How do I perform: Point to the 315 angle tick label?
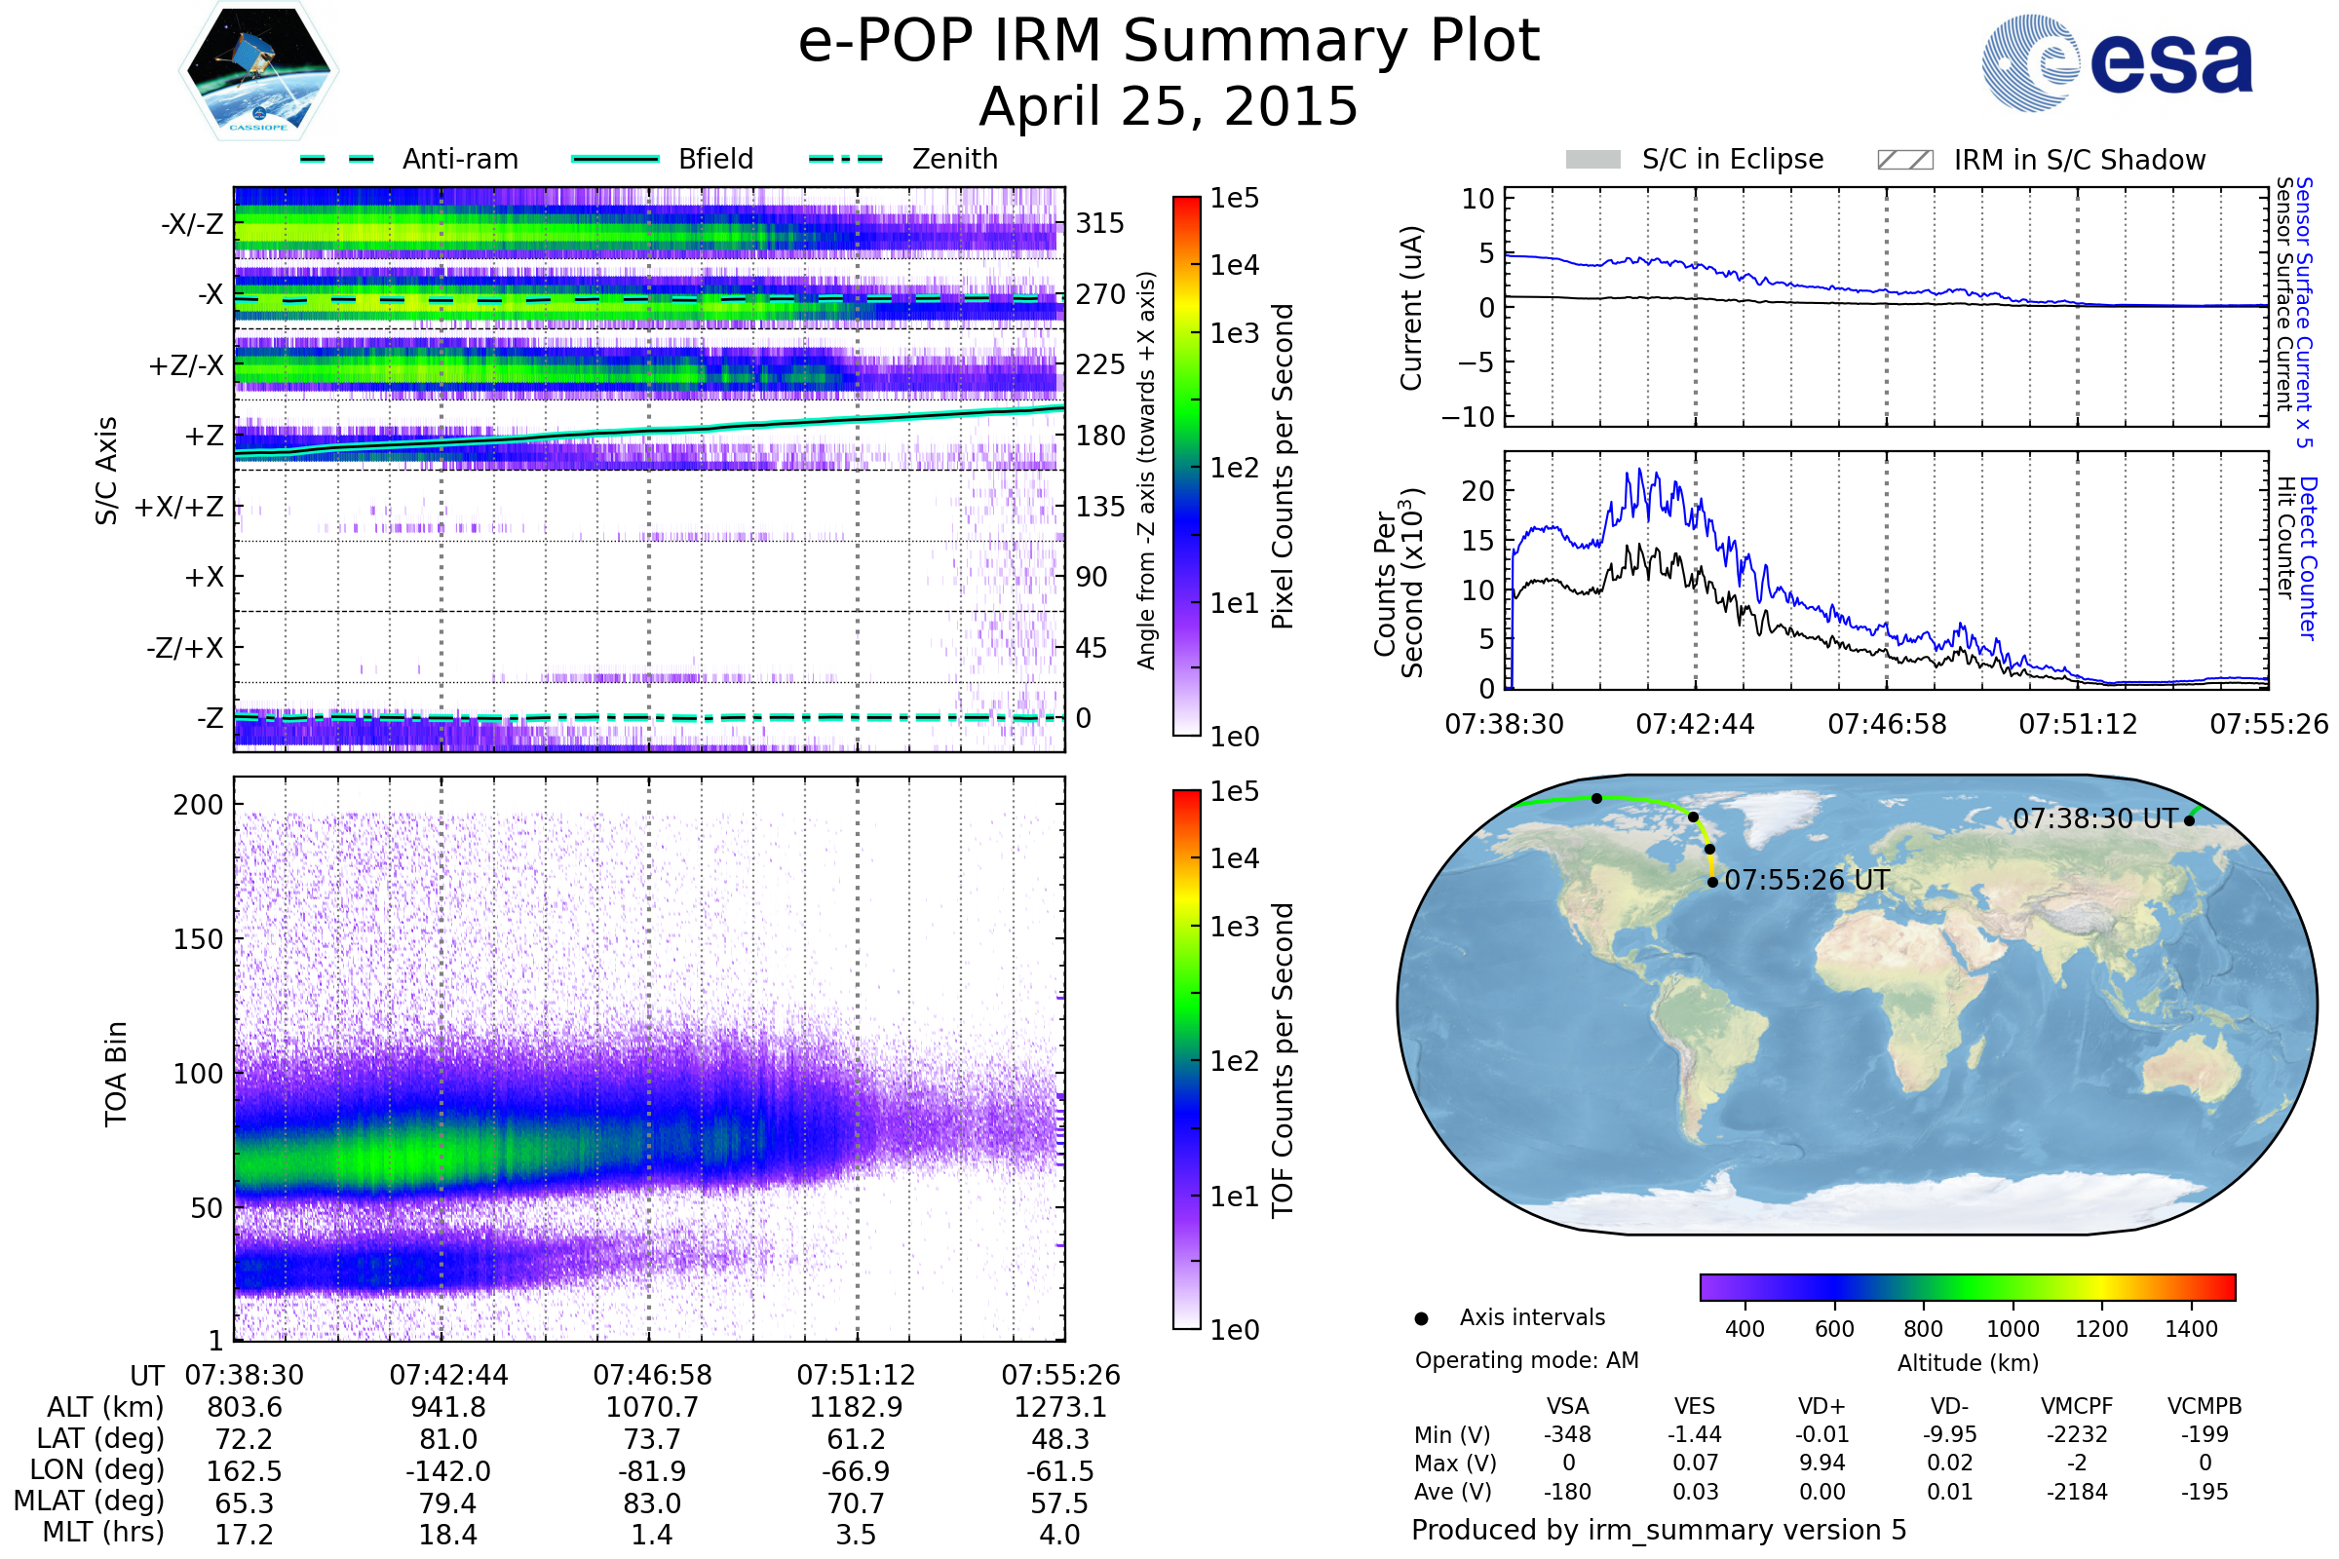(1100, 224)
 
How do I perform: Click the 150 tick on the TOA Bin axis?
(198, 939)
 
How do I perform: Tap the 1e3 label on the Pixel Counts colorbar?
(1234, 334)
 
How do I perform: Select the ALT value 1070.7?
(652, 1407)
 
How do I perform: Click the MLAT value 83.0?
(652, 1503)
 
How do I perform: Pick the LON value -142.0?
(447, 1470)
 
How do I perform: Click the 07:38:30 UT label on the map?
(2094, 819)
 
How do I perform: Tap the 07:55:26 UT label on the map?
(1806, 880)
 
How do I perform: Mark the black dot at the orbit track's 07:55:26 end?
(1712, 882)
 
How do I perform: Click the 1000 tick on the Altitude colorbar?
(2012, 1329)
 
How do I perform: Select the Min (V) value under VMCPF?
(2077, 1434)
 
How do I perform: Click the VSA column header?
(1567, 1406)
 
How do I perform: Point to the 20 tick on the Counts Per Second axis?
(1477, 491)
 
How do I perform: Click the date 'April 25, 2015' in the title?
(1169, 107)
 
